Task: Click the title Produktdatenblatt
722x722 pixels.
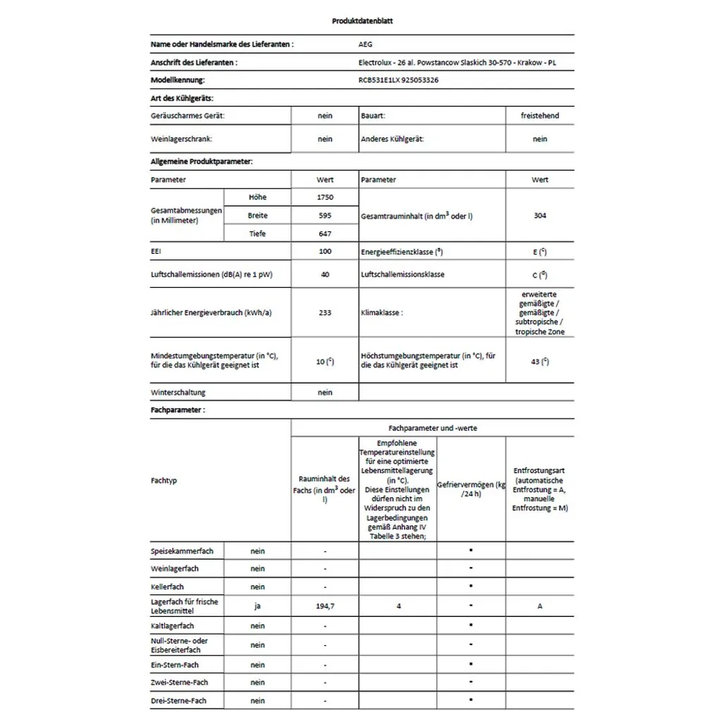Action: (x=362, y=21)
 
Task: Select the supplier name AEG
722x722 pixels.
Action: (x=366, y=44)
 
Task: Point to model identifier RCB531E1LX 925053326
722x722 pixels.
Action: (x=398, y=80)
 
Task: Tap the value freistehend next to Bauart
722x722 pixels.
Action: (x=539, y=116)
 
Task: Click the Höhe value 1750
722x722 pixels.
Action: (x=324, y=197)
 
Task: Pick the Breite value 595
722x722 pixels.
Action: (x=324, y=216)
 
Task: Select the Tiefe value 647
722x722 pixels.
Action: (x=324, y=234)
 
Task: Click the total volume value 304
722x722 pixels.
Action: (x=539, y=216)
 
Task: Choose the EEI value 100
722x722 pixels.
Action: (x=324, y=252)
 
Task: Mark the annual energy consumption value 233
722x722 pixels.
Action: (x=324, y=312)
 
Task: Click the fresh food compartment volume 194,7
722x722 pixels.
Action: (x=324, y=606)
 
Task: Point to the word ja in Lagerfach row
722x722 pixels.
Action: (x=257, y=606)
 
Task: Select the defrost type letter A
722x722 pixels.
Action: (x=540, y=606)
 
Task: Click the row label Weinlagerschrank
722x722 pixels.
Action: (x=181, y=140)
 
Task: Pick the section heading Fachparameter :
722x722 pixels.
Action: (x=178, y=410)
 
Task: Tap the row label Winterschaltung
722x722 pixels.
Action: (x=178, y=393)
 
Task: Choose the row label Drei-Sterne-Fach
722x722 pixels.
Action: (x=179, y=701)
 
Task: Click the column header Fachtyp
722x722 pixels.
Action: (x=164, y=481)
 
